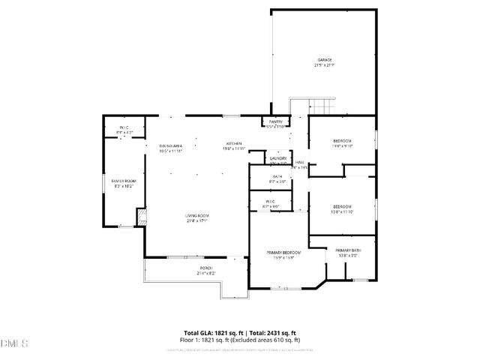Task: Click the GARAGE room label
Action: coord(324,60)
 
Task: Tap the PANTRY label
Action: coord(275,121)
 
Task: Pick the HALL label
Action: coord(299,163)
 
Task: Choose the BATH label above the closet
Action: coord(277,176)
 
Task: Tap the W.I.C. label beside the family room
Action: coord(124,128)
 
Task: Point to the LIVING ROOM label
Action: coord(196,216)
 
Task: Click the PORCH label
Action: coord(205,268)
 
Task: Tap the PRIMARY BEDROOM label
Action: coord(283,253)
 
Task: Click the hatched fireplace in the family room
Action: coord(140,217)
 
